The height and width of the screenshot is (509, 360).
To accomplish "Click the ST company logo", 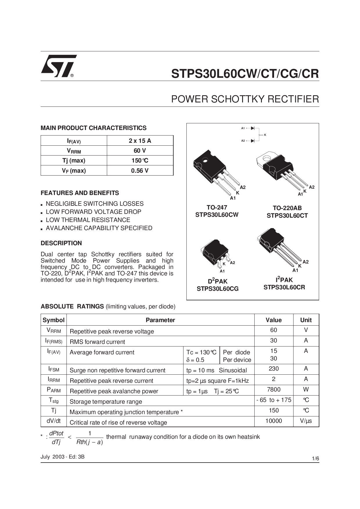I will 58,66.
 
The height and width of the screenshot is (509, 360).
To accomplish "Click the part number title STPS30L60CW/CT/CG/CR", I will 245,74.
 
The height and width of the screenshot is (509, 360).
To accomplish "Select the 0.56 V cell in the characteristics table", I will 140,171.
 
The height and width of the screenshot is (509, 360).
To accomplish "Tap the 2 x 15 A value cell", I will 140,141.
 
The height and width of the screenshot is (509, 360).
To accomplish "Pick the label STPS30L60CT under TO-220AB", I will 287,216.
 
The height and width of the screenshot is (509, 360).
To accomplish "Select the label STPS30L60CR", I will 284,287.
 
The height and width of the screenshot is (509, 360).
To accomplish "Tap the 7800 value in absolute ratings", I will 273,389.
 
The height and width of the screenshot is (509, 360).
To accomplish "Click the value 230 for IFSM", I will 273,369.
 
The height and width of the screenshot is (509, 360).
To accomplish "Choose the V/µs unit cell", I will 306,421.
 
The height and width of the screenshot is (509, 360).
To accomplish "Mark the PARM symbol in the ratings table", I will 54,390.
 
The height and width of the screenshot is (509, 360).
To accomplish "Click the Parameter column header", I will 160,320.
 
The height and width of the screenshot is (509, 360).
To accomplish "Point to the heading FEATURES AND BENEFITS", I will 80,193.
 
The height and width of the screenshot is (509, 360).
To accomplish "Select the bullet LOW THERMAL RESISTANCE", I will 88,220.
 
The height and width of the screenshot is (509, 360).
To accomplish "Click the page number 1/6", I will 315,459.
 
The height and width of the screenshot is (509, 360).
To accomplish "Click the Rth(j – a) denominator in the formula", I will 89,442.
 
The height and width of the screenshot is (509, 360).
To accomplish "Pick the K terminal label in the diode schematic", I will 265,135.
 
